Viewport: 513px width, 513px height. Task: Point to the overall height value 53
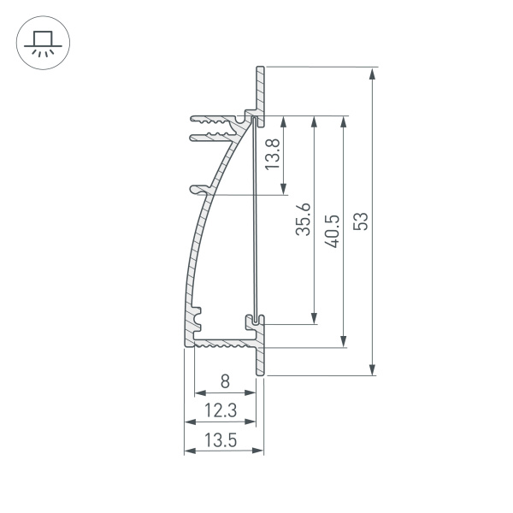pyautogui.click(x=362, y=221)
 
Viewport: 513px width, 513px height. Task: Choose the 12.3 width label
pyautogui.click(x=221, y=411)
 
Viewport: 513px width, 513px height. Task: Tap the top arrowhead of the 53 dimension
pyautogui.click(x=372, y=73)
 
